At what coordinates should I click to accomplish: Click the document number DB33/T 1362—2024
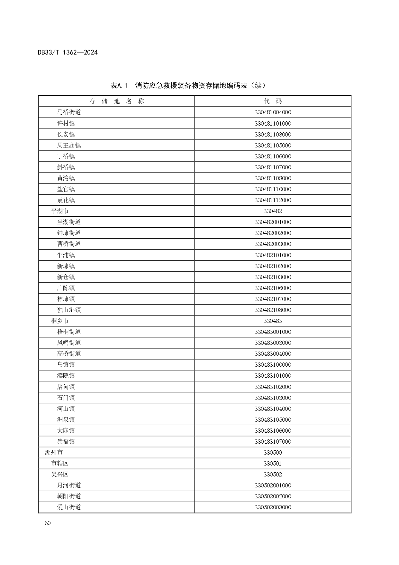click(68, 52)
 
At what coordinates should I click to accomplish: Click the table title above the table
click(188, 86)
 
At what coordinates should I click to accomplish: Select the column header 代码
click(273, 101)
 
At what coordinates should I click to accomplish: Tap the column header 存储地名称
click(116, 101)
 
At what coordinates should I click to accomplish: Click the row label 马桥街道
click(69, 112)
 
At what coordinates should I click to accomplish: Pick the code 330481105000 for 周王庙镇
click(273, 146)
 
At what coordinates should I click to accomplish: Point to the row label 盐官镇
click(66, 189)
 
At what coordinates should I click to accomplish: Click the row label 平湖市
click(60, 211)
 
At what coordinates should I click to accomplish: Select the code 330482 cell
click(273, 211)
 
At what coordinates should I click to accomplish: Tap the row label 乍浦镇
click(66, 255)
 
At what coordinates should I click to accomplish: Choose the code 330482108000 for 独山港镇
click(273, 310)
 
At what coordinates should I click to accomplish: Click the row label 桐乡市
click(60, 321)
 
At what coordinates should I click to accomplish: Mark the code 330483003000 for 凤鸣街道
click(273, 343)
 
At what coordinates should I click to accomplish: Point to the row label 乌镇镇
click(66, 365)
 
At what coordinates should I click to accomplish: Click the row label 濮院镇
click(66, 376)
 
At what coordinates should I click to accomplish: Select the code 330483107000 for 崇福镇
click(273, 442)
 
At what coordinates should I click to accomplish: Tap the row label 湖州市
click(54, 453)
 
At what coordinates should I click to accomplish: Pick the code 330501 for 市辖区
click(273, 464)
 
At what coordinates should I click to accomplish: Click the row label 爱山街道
click(69, 507)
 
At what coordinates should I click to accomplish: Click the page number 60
click(48, 523)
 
